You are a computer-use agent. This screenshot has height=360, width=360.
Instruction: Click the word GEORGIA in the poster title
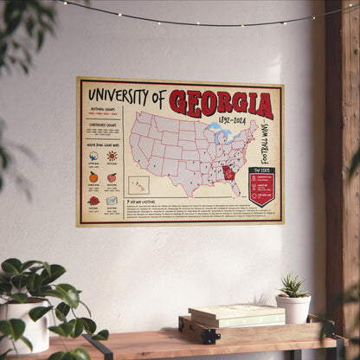pos(221,103)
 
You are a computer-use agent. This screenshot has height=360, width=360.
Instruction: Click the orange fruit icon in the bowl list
pos(93,177)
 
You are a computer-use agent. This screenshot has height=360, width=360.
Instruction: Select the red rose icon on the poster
pos(93,200)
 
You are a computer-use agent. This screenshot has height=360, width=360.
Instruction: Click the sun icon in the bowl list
pos(112,156)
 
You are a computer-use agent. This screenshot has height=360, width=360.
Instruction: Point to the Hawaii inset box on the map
pos(138,184)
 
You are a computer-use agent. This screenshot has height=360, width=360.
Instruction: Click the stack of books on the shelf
pos(224,316)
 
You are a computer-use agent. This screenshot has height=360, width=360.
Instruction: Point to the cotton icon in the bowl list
pos(93,157)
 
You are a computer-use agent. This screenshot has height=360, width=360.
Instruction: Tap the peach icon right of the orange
pos(112,177)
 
